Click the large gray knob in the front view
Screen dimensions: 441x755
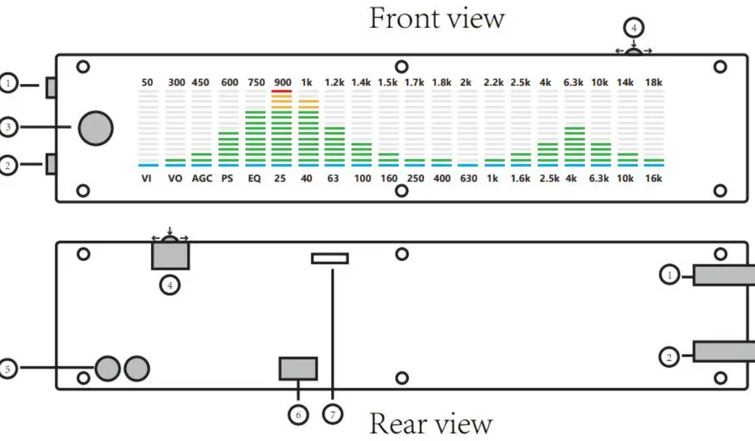pyautogui.click(x=95, y=128)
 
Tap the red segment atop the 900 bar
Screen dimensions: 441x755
pyautogui.click(x=282, y=91)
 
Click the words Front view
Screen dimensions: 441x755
pyautogui.click(x=437, y=18)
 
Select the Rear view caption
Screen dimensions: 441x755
pyautogui.click(x=431, y=424)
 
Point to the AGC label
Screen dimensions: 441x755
pyautogui.click(x=202, y=179)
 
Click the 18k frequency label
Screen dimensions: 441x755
pyautogui.click(x=654, y=83)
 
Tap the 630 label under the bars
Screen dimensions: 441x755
pyautogui.click(x=469, y=179)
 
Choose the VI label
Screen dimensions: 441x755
pyautogui.click(x=147, y=179)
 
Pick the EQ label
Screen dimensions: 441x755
pyautogui.click(x=254, y=179)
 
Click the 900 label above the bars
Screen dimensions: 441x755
pyautogui.click(x=282, y=83)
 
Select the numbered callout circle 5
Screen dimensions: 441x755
pyautogui.click(x=7, y=368)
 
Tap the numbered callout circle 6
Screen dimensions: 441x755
pyautogui.click(x=298, y=414)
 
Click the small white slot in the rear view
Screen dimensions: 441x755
pyautogui.click(x=330, y=258)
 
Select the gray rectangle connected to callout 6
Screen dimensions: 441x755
pyautogui.click(x=298, y=368)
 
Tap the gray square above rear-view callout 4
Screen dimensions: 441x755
pyautogui.click(x=170, y=256)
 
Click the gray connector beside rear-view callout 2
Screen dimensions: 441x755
pyautogui.click(x=724, y=352)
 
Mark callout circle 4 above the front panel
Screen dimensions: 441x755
pyautogui.click(x=634, y=28)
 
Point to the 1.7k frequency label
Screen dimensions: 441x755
pyautogui.click(x=415, y=83)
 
